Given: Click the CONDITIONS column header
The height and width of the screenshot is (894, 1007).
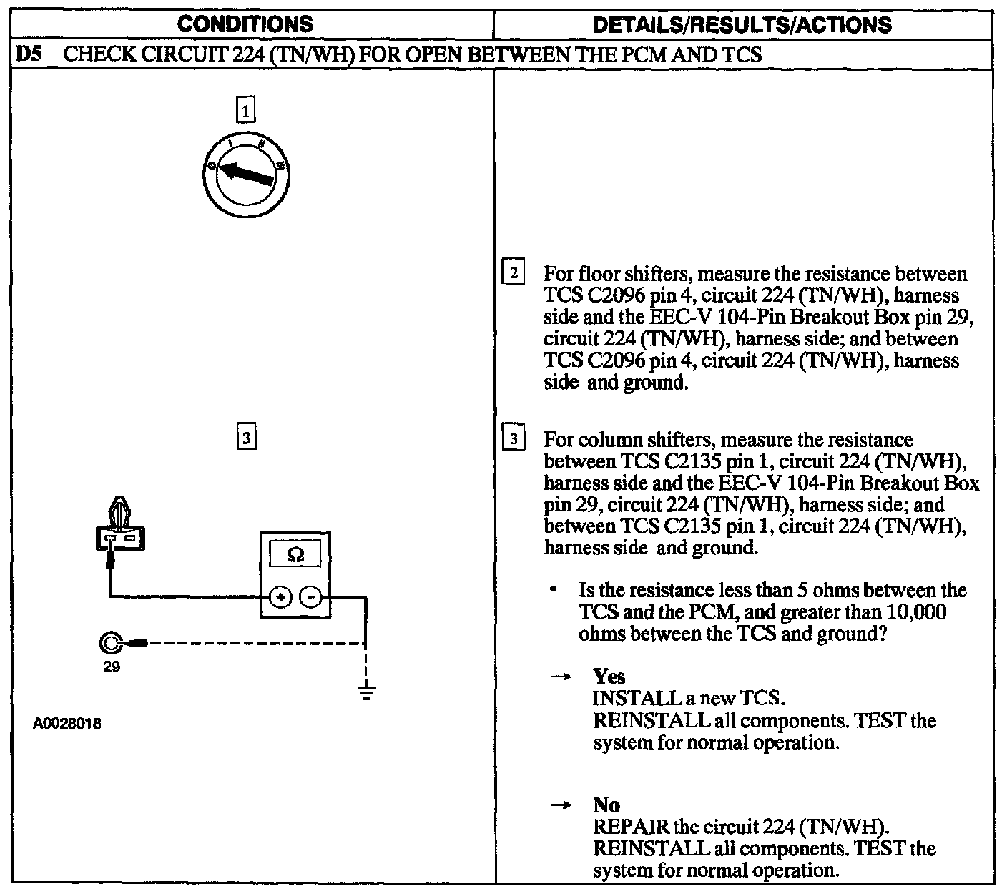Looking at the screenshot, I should click(x=245, y=24).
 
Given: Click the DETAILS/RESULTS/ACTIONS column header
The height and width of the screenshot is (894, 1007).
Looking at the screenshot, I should click(x=743, y=25).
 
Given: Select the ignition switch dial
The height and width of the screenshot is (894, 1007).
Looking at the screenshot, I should click(x=245, y=175).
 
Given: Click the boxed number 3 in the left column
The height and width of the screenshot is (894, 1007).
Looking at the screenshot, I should click(x=245, y=437).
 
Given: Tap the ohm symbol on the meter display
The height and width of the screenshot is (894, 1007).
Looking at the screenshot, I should click(x=295, y=554).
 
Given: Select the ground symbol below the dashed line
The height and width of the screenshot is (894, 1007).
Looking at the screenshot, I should click(x=366, y=692).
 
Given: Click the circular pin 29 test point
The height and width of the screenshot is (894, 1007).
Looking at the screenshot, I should click(x=111, y=644).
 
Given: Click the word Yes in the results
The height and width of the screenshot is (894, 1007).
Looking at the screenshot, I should click(x=609, y=677).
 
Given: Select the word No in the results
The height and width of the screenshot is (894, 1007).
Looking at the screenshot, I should click(x=606, y=805).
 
